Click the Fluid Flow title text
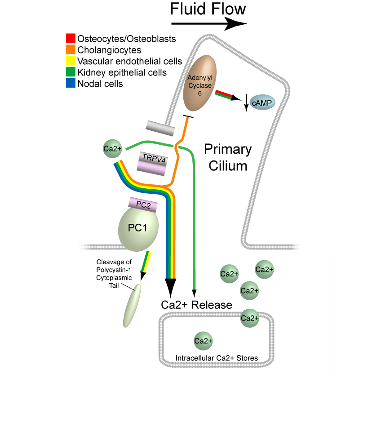point(208,9)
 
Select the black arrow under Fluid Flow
point(209,23)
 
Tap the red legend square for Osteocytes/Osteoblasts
point(70,39)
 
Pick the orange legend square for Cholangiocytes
point(70,50)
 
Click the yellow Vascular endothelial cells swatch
point(70,61)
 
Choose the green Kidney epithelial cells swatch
point(70,72)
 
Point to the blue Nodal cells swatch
point(70,84)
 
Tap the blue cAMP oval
point(263,103)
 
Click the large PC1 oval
point(138,227)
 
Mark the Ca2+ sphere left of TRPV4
point(111,149)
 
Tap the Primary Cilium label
point(228,157)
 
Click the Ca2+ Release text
point(197,305)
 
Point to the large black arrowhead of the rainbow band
point(171,285)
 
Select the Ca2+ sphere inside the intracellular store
point(203,341)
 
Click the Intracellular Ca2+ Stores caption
point(217,358)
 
